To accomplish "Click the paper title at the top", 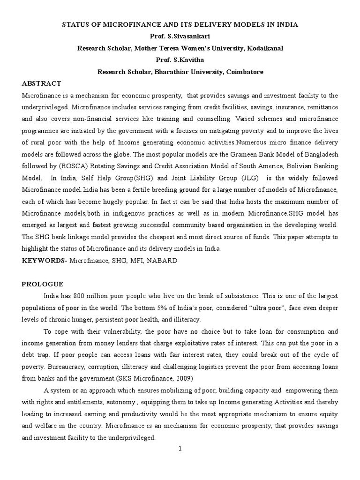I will click(x=180, y=24).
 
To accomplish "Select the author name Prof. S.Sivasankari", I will click(x=180, y=36).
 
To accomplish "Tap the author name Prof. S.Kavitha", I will click(x=180, y=60).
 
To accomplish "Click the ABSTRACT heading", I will click(x=41, y=83).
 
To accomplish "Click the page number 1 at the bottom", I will click(x=180, y=449).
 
